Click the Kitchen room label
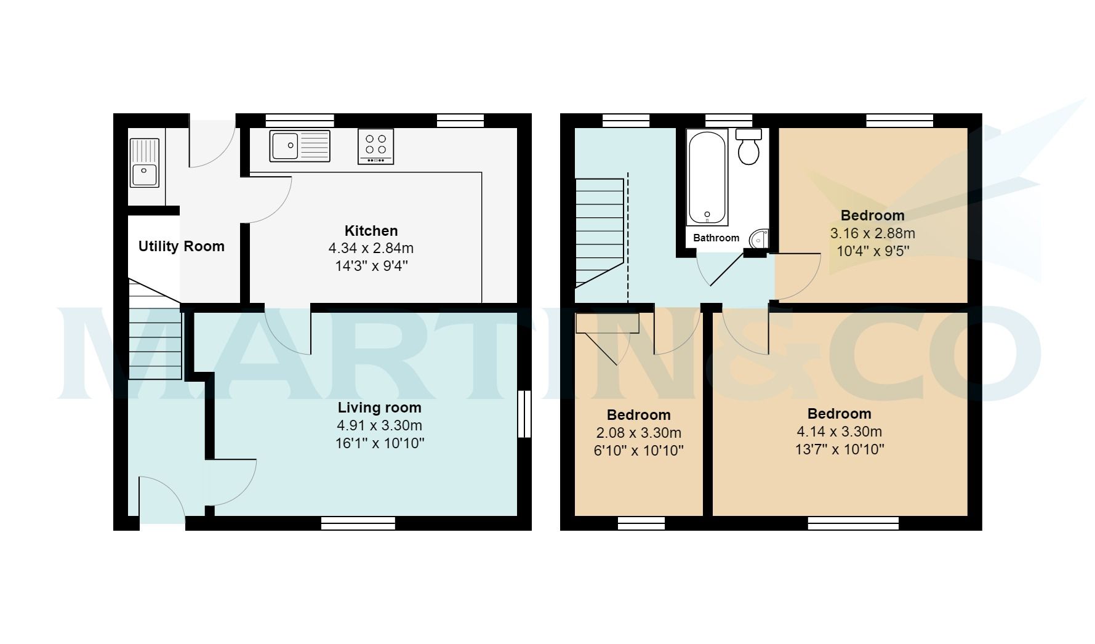[x=371, y=231]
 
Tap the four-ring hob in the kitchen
[x=375, y=147]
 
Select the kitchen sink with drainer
[x=300, y=146]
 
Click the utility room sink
[x=145, y=163]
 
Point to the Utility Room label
[x=181, y=246]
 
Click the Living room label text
[x=379, y=408]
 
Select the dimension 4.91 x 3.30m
[x=379, y=425]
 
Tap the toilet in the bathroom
[x=748, y=147]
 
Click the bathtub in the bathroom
[x=707, y=177]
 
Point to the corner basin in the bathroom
[x=760, y=238]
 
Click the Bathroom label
[x=716, y=238]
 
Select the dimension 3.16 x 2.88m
[x=872, y=233]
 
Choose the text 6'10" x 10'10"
[x=638, y=451]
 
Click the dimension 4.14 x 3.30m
[x=839, y=432]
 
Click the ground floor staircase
[x=155, y=332]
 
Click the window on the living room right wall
[x=524, y=414]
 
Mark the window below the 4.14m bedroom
[x=852, y=523]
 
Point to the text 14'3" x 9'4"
[x=371, y=267]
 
